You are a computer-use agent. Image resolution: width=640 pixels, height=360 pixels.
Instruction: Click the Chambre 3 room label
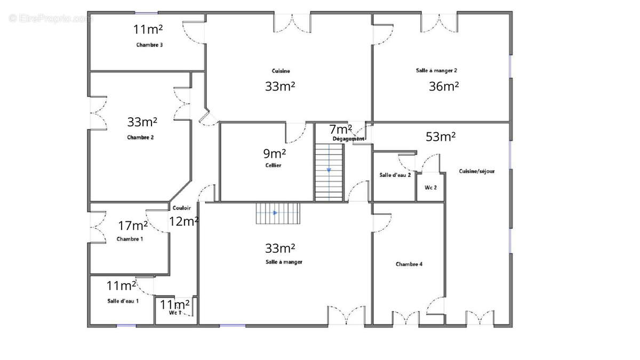(x=149, y=45)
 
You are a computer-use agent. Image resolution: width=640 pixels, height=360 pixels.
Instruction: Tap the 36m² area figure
(x=444, y=86)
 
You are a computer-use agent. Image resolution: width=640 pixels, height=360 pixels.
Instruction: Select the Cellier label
(x=273, y=165)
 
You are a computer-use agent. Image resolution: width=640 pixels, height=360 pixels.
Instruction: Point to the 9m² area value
(x=274, y=154)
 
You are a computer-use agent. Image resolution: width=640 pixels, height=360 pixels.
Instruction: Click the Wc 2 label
(x=430, y=187)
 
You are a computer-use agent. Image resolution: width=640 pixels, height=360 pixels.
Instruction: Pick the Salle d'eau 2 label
(x=395, y=175)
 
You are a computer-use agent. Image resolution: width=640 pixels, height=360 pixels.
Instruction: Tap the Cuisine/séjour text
(x=477, y=171)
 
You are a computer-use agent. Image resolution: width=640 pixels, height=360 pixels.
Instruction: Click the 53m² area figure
(x=441, y=137)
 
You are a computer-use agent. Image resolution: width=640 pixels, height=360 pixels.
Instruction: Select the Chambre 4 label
(x=409, y=264)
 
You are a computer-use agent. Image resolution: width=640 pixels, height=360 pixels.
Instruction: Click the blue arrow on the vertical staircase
(x=329, y=170)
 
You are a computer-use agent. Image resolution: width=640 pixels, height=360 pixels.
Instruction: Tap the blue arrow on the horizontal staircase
(x=275, y=213)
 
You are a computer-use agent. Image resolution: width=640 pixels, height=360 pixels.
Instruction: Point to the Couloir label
(x=181, y=208)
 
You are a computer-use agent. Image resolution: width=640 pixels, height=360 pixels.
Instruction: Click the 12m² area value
(x=183, y=221)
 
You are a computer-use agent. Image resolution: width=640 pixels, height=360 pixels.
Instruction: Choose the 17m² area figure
(x=133, y=226)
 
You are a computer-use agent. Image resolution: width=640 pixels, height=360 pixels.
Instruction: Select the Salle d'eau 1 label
(x=123, y=301)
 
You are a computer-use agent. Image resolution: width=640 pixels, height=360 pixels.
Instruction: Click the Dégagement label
(x=348, y=139)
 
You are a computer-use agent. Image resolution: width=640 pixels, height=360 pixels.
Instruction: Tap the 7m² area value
(x=341, y=130)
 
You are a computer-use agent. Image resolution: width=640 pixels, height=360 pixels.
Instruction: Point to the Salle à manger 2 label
(x=436, y=70)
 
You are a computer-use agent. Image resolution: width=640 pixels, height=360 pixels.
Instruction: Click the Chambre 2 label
(x=140, y=138)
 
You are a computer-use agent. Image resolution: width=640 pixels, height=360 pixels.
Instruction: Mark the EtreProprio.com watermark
(x=51, y=19)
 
